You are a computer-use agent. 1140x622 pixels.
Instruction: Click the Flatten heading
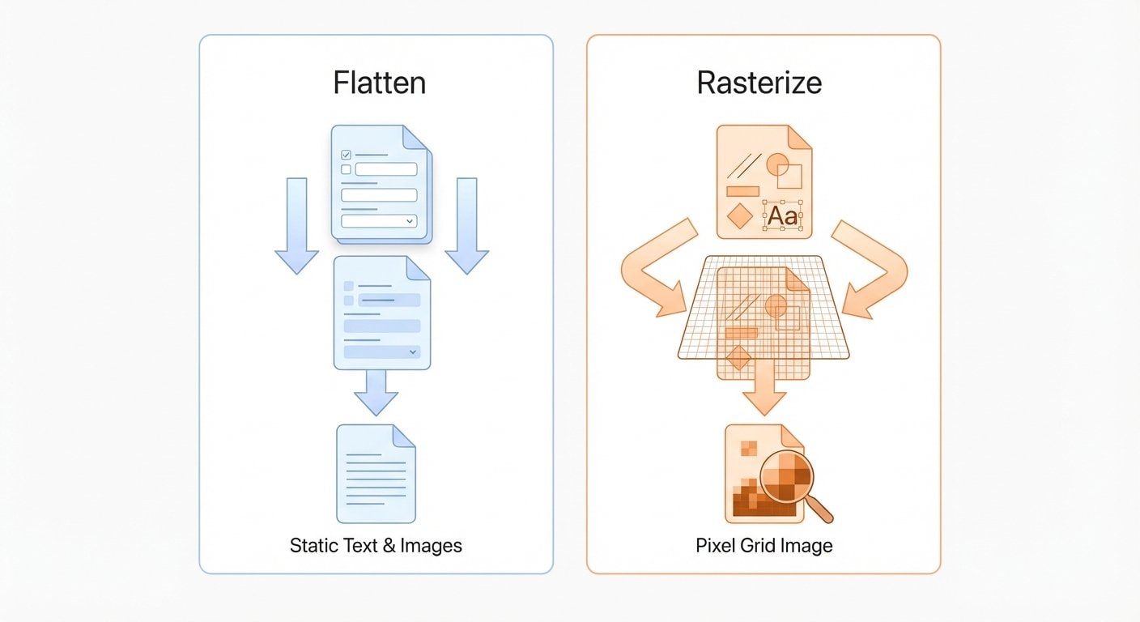click(379, 83)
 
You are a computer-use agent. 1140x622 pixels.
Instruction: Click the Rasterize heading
click(759, 83)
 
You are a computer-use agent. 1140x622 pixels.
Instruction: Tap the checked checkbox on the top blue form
click(347, 154)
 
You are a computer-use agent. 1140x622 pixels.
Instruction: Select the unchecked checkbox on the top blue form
click(347, 169)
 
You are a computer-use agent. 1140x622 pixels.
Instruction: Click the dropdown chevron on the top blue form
click(410, 220)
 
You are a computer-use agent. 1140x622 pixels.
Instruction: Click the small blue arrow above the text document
click(376, 393)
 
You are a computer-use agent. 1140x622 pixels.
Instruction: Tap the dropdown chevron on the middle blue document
click(413, 351)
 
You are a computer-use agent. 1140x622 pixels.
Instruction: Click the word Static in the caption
click(311, 545)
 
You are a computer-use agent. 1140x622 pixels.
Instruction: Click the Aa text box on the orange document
click(782, 216)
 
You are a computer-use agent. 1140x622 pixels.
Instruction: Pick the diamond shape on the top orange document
click(740, 216)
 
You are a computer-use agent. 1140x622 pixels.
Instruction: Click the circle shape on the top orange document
click(777, 164)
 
